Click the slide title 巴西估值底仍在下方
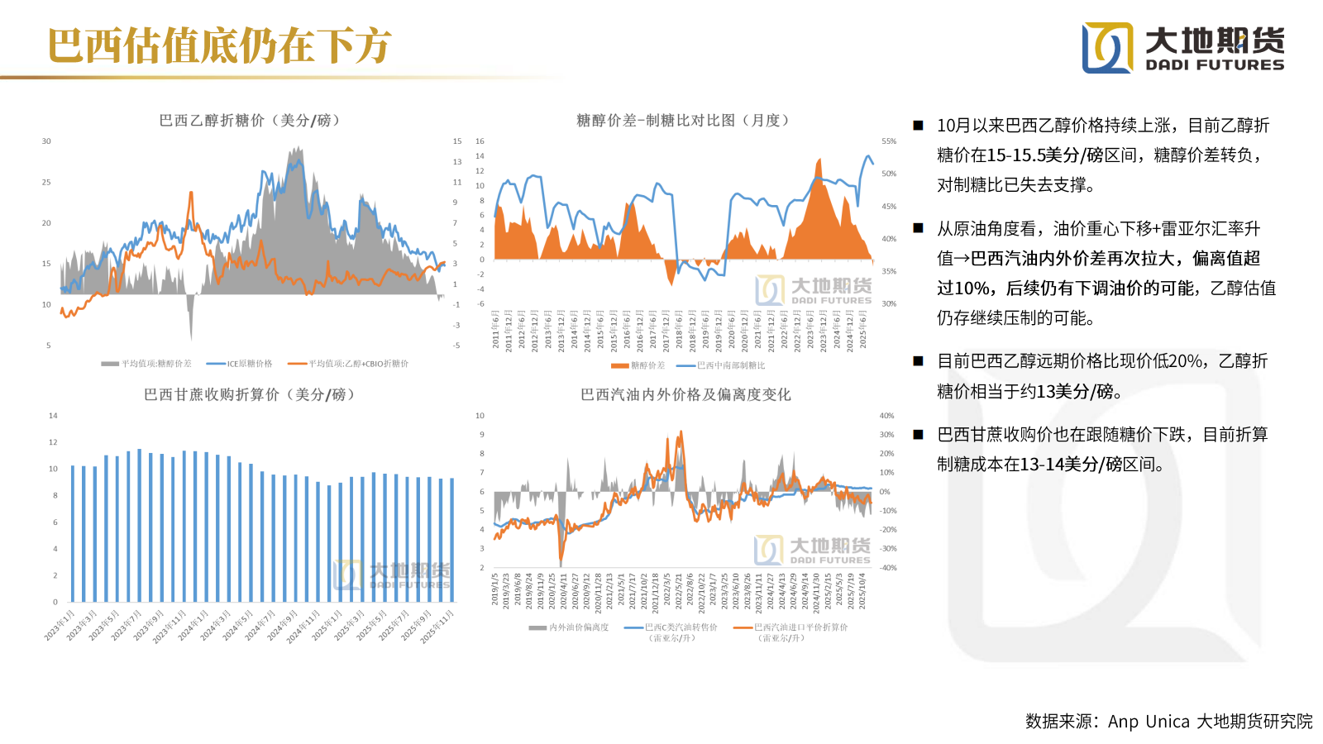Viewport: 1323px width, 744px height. [219, 45]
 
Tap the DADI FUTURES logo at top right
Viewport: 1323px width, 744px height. [1182, 48]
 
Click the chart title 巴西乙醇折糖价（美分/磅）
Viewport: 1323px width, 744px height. [251, 121]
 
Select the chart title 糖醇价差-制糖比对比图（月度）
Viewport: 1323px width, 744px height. [684, 121]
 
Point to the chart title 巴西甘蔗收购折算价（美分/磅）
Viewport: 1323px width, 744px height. [251, 395]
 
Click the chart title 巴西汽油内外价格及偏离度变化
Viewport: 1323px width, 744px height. [685, 395]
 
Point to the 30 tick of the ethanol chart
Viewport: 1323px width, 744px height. [46, 141]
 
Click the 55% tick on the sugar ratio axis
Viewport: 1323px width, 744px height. [889, 141]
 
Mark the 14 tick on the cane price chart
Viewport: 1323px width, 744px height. [53, 416]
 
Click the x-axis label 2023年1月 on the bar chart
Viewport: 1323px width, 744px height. [60, 625]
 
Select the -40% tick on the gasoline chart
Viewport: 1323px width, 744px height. [887, 568]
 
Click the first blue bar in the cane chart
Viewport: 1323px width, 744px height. [73, 533]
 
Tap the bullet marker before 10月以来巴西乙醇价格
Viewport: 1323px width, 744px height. [918, 126]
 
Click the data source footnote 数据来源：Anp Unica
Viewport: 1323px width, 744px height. [1168, 722]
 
